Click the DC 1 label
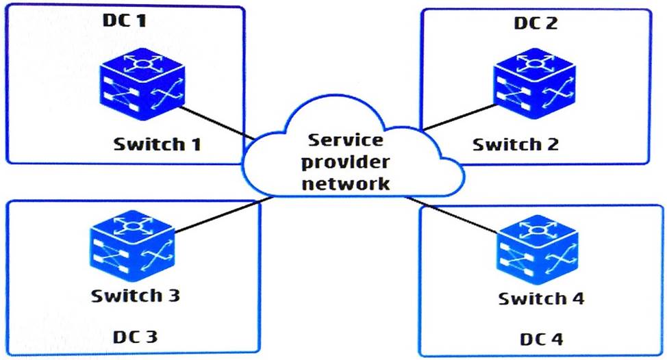pos(125,20)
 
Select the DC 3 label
pos(134,337)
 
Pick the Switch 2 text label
pos(515,144)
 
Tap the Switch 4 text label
pos(542,299)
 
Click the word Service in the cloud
pos(347,142)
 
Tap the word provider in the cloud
pos(347,162)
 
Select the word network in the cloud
pos(347,183)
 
